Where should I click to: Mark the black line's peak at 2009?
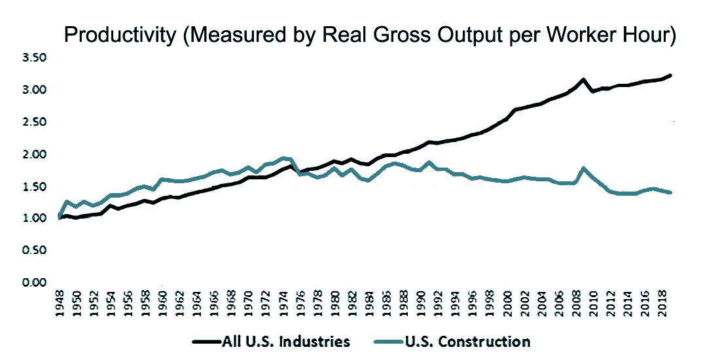[x=583, y=80]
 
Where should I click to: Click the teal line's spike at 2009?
[x=583, y=168]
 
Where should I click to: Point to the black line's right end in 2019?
[x=671, y=75]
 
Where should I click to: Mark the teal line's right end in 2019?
[x=671, y=192]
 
